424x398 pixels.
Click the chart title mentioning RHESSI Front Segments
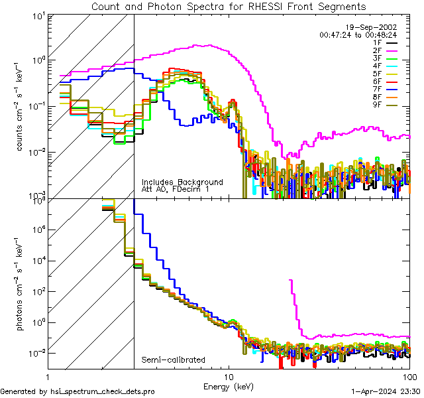[x=228, y=6]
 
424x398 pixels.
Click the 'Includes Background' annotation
[x=182, y=182]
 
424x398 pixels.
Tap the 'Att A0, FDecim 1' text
[x=176, y=189]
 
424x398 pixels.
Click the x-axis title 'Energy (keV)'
[x=229, y=385]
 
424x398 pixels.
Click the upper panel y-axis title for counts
[x=24, y=106]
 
